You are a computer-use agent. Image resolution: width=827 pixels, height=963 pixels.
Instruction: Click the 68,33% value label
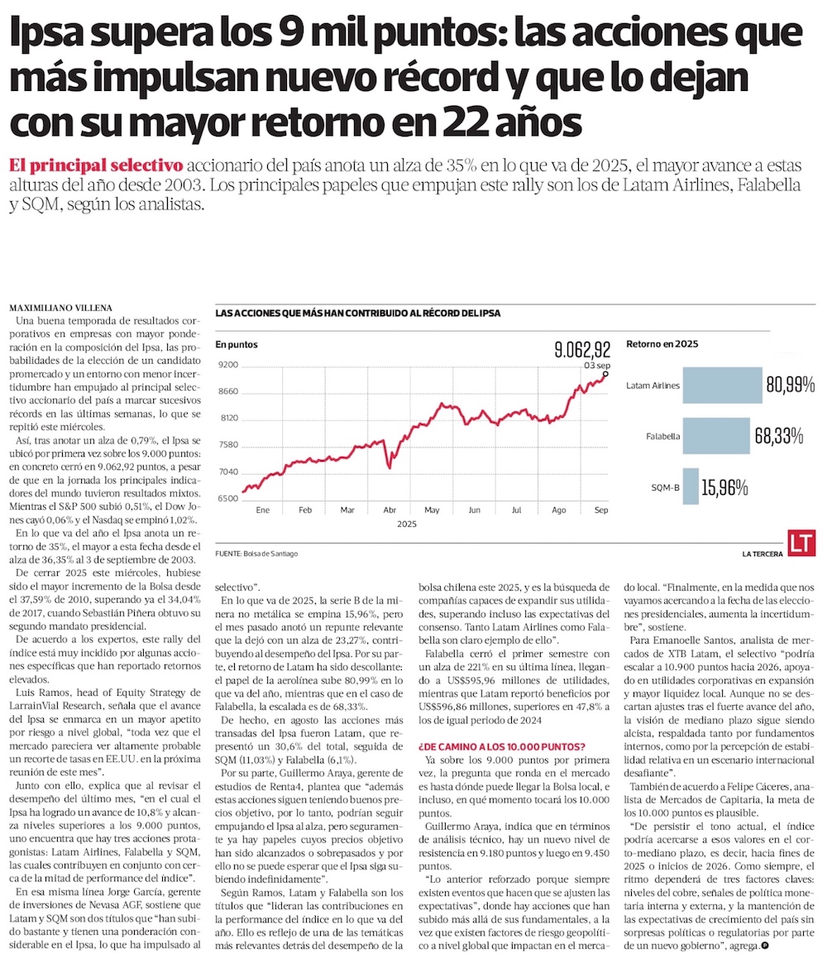(x=781, y=435)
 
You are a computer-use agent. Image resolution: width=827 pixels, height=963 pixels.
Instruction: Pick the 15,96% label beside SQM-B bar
(x=724, y=487)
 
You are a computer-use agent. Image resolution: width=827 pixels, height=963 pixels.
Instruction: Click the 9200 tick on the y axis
(x=227, y=365)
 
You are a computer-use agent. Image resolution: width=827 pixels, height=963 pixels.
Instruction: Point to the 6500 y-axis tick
(x=227, y=498)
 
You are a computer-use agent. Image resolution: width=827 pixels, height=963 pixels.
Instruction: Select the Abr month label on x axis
(x=390, y=510)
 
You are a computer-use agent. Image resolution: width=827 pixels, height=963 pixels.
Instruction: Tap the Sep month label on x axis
(x=601, y=510)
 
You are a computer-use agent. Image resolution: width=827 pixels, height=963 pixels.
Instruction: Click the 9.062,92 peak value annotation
(x=582, y=349)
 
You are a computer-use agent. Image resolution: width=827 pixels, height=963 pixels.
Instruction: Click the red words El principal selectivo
(x=96, y=164)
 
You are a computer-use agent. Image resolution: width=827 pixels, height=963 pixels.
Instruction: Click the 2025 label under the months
(x=407, y=525)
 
